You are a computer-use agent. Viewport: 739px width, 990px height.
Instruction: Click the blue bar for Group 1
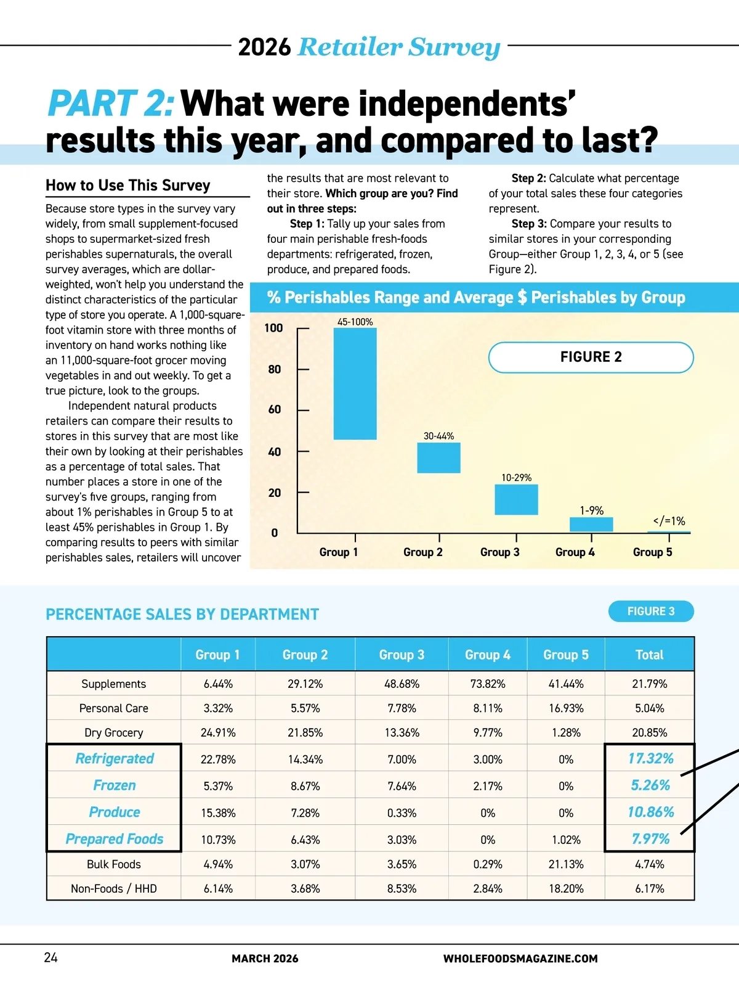click(355, 383)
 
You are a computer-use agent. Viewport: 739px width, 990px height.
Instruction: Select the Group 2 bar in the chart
click(438, 458)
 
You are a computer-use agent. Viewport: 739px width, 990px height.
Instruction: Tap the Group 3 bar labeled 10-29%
click(516, 499)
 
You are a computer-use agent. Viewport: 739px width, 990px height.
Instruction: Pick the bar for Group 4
click(591, 525)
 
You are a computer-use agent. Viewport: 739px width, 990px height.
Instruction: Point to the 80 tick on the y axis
click(275, 369)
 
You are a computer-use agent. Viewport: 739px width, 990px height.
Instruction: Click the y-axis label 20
click(275, 493)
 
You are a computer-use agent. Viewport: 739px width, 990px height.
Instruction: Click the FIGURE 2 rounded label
click(591, 357)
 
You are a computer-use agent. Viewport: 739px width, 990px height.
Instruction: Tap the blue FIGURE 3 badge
click(651, 612)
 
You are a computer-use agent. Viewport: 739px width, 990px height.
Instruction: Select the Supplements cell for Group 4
click(488, 684)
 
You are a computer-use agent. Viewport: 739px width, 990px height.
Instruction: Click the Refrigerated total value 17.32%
click(650, 758)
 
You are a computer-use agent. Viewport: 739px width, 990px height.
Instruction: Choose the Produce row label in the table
click(115, 812)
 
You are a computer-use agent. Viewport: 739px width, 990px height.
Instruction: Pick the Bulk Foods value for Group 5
click(566, 864)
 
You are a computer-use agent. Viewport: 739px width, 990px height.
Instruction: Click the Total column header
click(649, 655)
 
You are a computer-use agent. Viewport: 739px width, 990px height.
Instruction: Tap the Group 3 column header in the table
click(402, 655)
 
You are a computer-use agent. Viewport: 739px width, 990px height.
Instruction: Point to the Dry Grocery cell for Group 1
click(218, 733)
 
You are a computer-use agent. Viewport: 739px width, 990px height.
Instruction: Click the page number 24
click(51, 957)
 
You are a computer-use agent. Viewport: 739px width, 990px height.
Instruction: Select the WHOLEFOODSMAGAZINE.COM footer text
click(520, 959)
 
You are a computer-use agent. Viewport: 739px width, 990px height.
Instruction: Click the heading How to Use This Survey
click(128, 186)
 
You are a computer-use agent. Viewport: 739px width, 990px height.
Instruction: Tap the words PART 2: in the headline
click(111, 104)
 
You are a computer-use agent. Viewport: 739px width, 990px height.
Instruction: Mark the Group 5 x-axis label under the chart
click(653, 552)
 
